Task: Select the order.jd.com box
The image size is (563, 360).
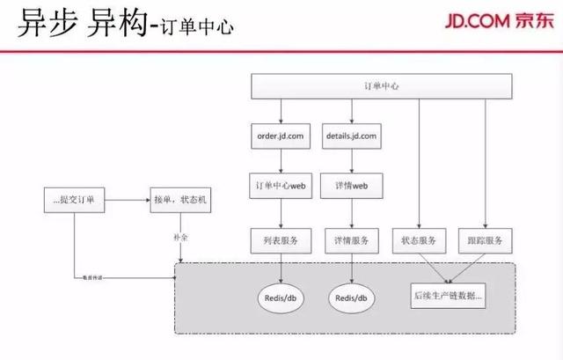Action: (x=280, y=136)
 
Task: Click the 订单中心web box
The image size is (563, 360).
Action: (x=280, y=187)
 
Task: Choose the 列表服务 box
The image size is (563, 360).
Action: (x=280, y=239)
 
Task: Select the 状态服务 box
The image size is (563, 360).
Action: (x=420, y=239)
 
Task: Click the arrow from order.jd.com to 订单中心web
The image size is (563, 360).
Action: (x=280, y=161)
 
